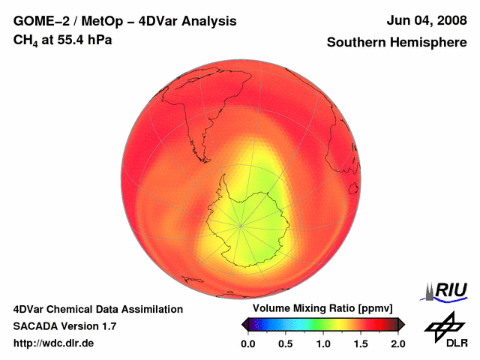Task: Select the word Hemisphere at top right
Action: pyautogui.click(x=430, y=43)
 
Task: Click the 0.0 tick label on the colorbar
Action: pyautogui.click(x=247, y=344)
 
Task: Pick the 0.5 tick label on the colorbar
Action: pyautogui.click(x=285, y=344)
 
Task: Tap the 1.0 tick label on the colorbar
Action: pyautogui.click(x=323, y=344)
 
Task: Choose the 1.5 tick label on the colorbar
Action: pyautogui.click(x=361, y=344)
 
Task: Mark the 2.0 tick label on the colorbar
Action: pyautogui.click(x=398, y=344)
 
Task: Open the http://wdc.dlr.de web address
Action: pyautogui.click(x=54, y=343)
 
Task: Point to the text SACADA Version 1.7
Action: pyautogui.click(x=64, y=326)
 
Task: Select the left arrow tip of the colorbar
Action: pyautogui.click(x=243, y=324)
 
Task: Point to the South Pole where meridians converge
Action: pyautogui.click(x=241, y=224)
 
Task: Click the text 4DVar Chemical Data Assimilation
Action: pyautogui.click(x=98, y=309)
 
